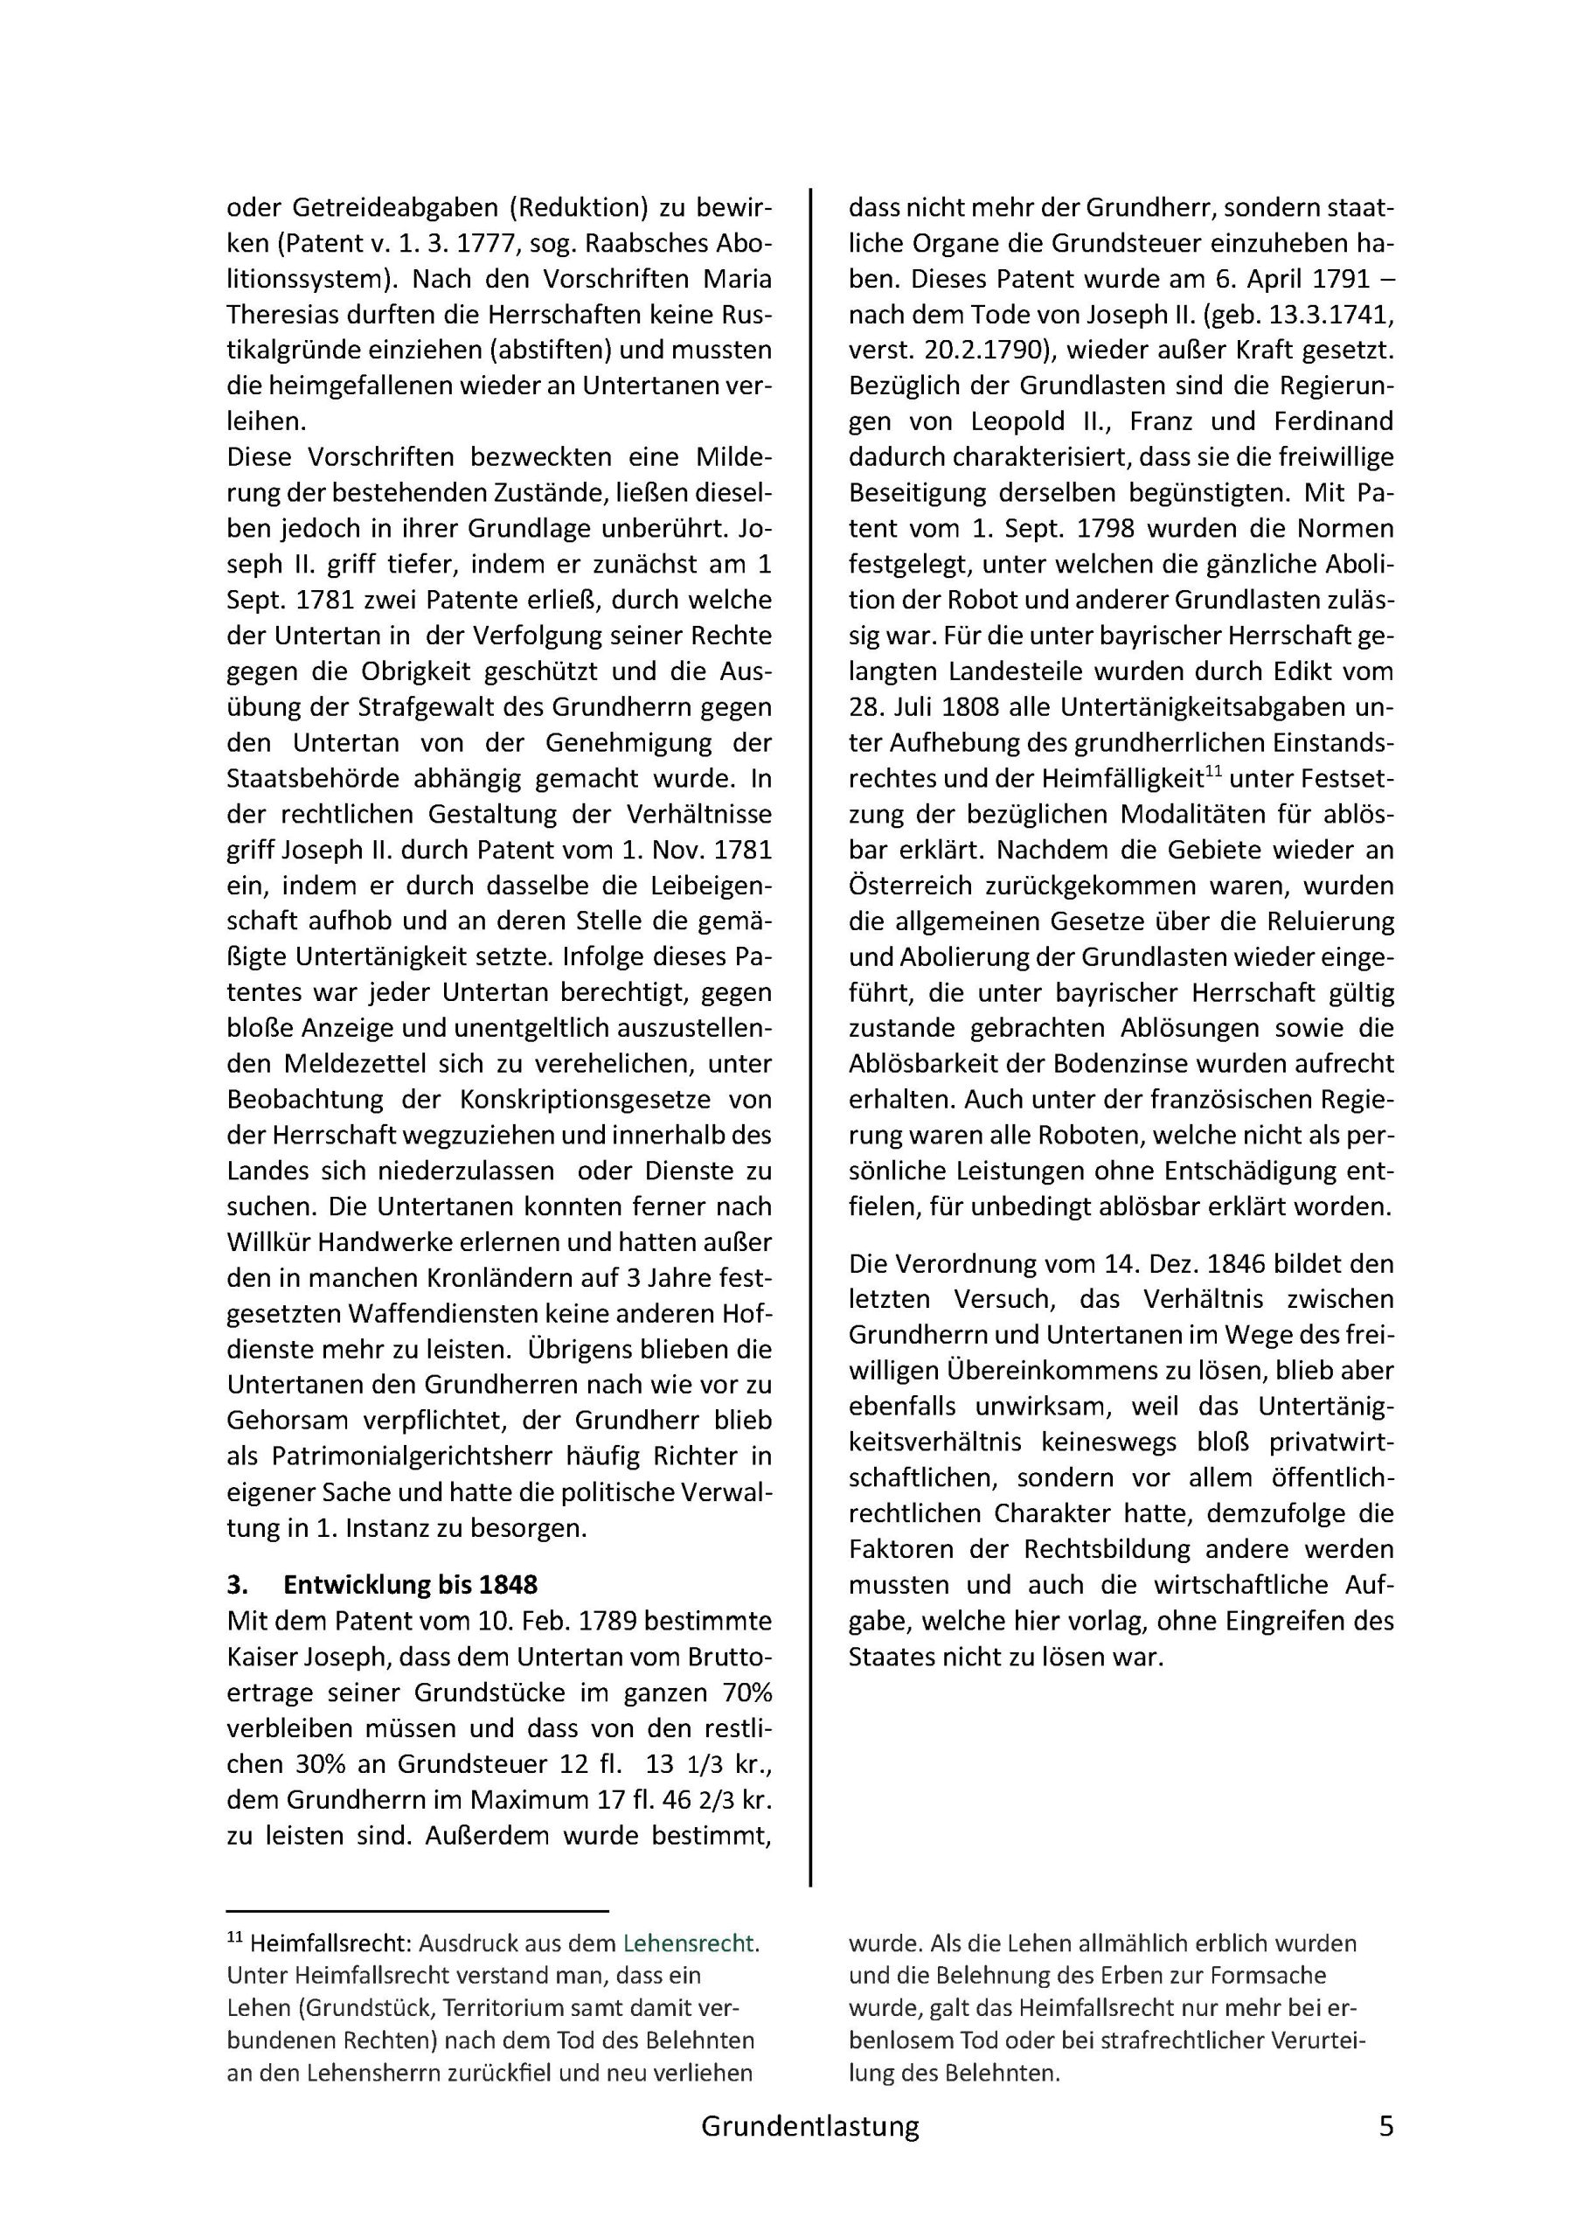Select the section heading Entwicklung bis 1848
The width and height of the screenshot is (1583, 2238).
tap(410, 1585)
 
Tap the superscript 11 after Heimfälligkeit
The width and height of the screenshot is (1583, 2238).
tap(1212, 773)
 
